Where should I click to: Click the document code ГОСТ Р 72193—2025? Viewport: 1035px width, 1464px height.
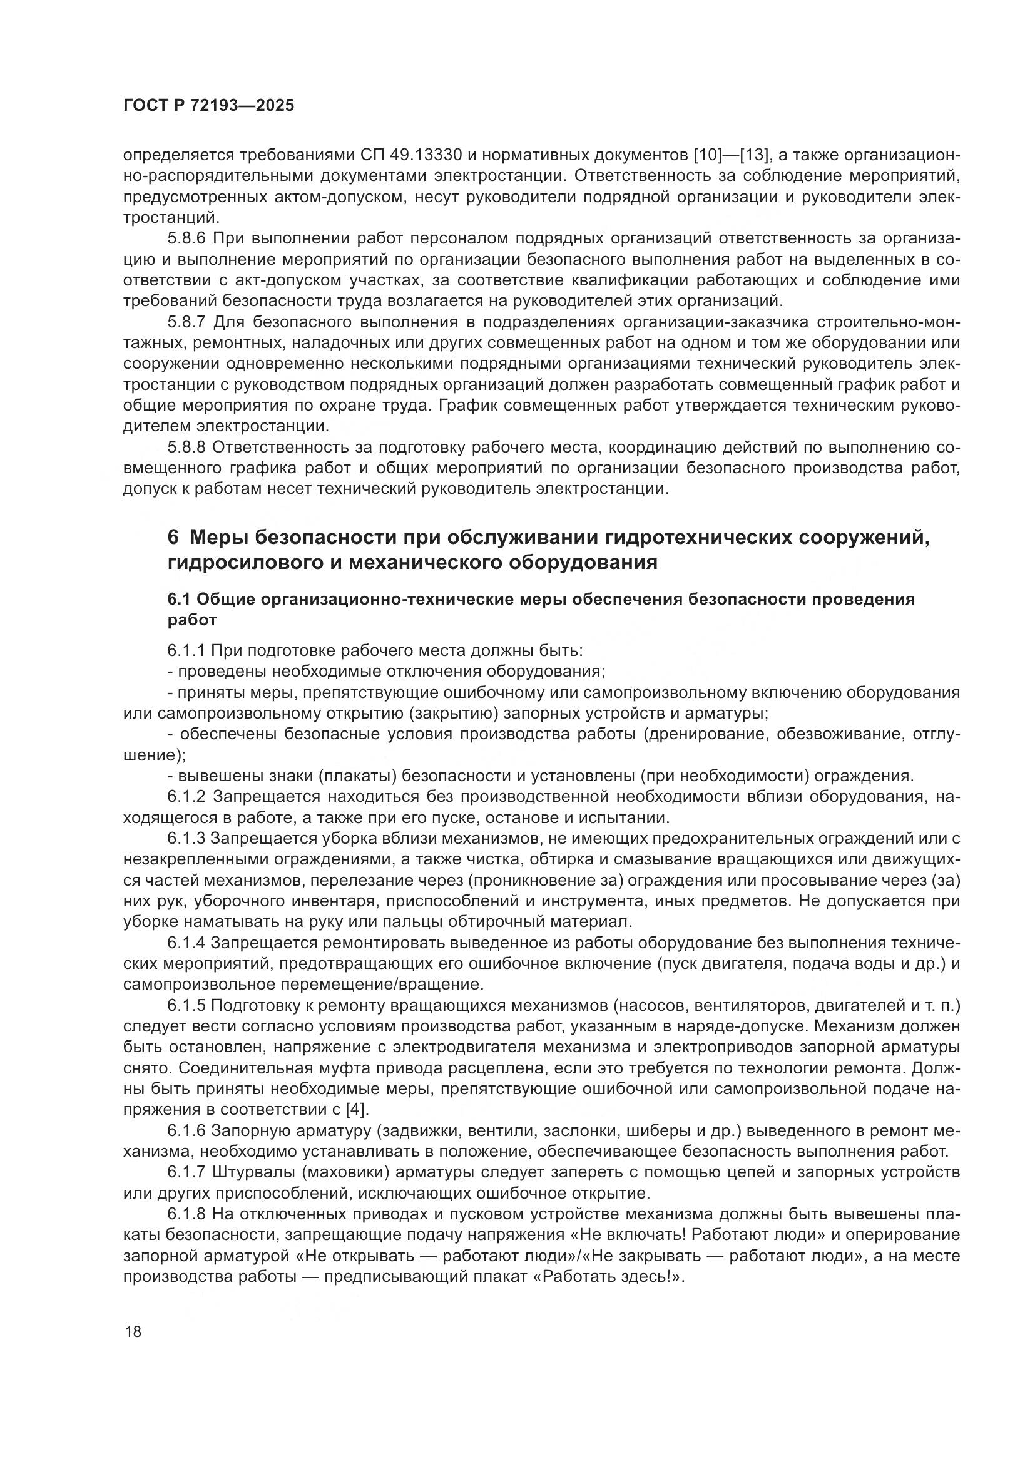point(208,106)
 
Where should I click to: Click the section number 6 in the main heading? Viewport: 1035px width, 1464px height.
point(173,537)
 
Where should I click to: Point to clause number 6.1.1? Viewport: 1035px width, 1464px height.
point(186,650)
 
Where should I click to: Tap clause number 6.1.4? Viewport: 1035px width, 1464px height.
point(186,943)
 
